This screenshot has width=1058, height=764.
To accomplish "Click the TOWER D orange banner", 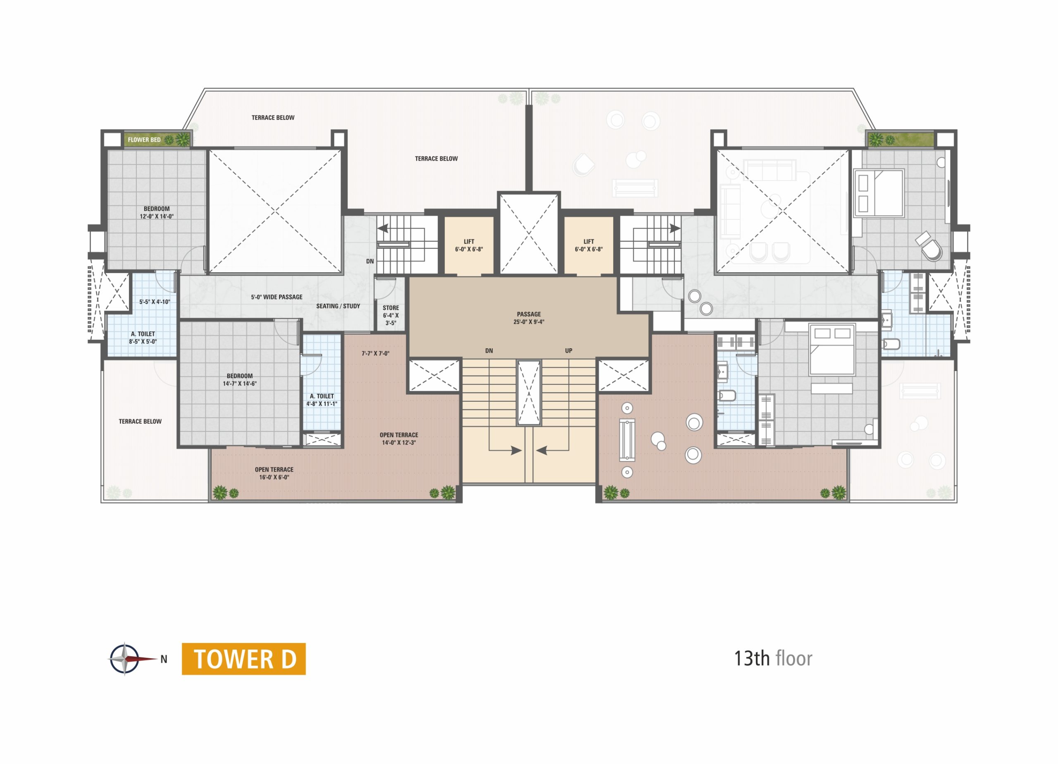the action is pos(243,659).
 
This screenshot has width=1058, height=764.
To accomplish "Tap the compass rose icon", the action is pos(124,659).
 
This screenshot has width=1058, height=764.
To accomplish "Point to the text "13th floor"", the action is pos(773,658).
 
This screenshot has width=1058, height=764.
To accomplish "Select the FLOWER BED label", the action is pos(144,140).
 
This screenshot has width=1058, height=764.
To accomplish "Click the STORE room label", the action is pos(391,308).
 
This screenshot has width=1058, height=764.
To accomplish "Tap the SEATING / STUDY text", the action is pos(338,306).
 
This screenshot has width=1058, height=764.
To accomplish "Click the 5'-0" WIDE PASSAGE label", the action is pos(276,297).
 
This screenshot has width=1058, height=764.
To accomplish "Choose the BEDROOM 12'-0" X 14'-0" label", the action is pos(157,213).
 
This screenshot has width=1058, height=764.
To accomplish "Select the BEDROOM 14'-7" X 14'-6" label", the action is pos(240,380).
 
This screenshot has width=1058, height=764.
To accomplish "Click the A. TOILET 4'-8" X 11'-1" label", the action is pos(322,400).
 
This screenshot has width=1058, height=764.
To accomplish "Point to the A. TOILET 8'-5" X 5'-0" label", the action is pos(143,338).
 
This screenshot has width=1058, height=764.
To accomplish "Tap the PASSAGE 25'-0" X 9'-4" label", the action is pos(529,318).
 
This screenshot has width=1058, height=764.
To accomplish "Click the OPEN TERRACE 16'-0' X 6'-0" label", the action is pos(274,474).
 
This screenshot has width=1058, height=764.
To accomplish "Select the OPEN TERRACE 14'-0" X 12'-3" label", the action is pos(399,439).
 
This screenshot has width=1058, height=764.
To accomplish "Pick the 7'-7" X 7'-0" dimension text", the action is pos(376,354).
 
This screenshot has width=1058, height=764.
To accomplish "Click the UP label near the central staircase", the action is pos(569,351).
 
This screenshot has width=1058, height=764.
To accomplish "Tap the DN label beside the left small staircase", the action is pos(370,261).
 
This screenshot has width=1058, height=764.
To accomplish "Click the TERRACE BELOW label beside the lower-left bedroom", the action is pos(140,421).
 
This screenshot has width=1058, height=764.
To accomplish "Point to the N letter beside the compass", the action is pos(164,659).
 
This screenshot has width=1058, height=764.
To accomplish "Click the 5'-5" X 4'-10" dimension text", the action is pos(155,302).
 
